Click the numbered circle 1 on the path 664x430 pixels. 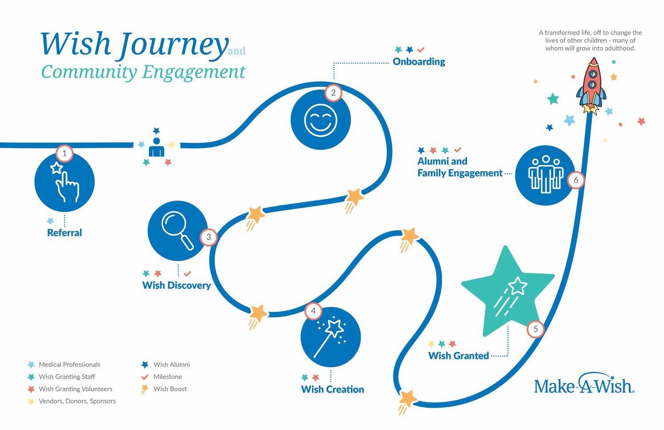point(64,153)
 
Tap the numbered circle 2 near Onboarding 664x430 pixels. point(333,93)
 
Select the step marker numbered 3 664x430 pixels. point(209,237)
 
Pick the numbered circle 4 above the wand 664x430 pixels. point(313,311)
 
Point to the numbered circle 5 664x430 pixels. point(536,329)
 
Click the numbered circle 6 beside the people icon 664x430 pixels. point(576,180)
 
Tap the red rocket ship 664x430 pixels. point(592,86)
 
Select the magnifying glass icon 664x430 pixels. point(178,230)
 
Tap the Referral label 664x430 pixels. point(64,233)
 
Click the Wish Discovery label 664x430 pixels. point(176,285)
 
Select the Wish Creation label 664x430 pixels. point(332,390)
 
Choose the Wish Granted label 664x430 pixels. point(458,356)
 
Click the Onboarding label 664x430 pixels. point(419,62)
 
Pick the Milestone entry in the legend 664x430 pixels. point(168,377)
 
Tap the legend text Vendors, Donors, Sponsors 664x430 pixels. point(77,401)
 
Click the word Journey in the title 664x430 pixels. point(174,44)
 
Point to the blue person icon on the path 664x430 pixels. point(156,147)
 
